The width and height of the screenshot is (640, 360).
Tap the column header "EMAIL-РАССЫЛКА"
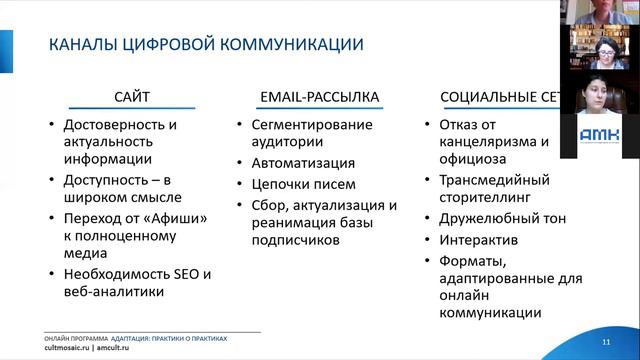[319, 97]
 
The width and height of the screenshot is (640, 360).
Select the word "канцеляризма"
[483, 141]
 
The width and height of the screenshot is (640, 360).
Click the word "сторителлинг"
[479, 199]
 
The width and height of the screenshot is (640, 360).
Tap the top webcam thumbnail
[605, 11]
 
